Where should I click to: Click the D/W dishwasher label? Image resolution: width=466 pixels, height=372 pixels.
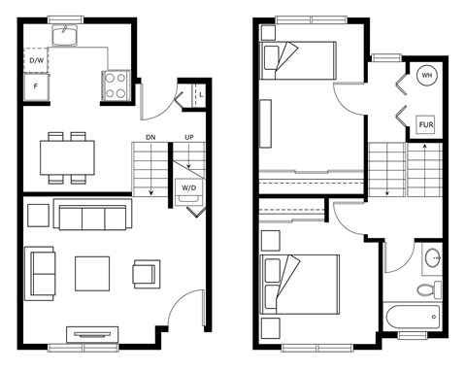36,60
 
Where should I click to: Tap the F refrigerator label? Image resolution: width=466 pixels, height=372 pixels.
36,86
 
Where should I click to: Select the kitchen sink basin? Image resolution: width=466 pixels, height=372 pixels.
65,35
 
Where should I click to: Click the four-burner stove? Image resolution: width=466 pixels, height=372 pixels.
116,85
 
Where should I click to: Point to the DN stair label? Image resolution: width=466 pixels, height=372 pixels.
150,137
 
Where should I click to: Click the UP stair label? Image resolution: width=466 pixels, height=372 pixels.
189,137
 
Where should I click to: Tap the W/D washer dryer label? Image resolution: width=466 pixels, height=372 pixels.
188,187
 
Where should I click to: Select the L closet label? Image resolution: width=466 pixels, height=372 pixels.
201,95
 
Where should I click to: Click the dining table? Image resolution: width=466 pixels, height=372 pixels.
67,157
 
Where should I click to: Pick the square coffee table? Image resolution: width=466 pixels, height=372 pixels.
92,274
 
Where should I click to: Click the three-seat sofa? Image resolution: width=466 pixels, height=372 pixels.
92,215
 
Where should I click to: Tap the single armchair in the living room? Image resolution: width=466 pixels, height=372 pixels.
147,274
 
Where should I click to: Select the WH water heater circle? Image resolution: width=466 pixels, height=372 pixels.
426,76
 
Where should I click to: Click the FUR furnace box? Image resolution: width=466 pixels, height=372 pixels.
425,124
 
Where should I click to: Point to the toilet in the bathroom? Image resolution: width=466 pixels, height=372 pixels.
429,289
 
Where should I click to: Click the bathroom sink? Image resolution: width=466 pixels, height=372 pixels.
433,258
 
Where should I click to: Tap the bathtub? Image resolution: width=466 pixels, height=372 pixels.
413,317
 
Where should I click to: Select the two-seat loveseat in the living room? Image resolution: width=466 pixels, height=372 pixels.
40,274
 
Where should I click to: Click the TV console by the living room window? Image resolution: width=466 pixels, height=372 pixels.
92,334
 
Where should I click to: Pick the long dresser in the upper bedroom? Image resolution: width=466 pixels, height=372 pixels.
266,123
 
